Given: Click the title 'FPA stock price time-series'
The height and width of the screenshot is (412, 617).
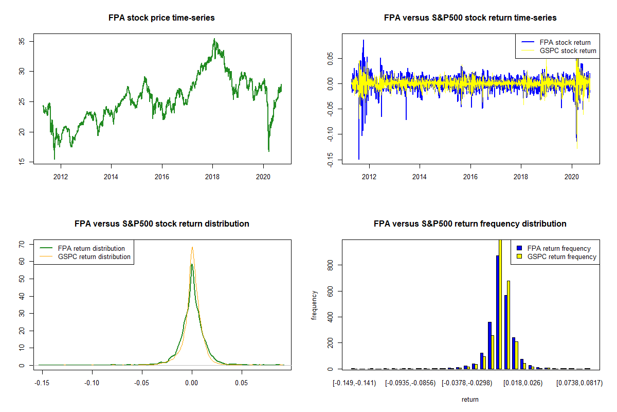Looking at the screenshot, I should (x=161, y=18).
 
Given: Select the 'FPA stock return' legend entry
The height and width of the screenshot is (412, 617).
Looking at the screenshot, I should (x=565, y=42).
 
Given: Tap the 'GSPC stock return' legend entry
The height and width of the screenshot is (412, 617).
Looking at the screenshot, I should (x=568, y=50).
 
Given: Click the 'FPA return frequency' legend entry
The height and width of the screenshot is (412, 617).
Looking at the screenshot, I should (x=559, y=248).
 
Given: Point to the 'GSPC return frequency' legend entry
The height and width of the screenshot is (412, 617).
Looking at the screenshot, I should (x=561, y=256).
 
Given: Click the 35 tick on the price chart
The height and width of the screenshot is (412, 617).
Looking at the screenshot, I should (x=23, y=41).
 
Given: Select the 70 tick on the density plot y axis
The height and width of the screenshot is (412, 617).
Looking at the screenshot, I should (x=23, y=244).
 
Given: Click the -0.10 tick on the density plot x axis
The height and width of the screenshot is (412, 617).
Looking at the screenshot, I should (x=92, y=383).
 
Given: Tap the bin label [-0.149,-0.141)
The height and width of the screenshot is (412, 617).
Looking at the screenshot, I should (x=355, y=383).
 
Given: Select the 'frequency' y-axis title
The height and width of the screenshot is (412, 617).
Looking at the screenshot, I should (x=315, y=305).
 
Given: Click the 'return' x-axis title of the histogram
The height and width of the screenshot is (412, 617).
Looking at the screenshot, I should (x=470, y=399).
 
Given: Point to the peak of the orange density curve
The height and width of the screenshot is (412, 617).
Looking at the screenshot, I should (x=192, y=247).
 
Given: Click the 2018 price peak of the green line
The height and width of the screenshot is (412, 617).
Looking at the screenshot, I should (x=214, y=39).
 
